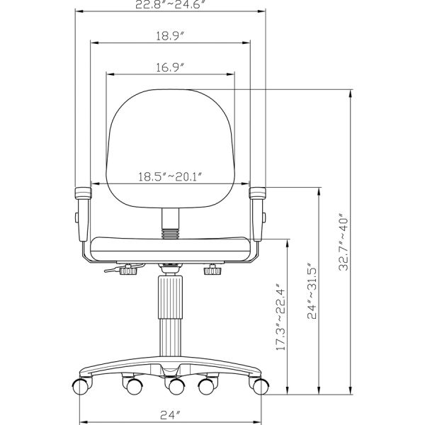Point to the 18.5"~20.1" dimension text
click(170, 175)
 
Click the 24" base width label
click(170, 413)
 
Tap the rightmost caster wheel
click(261, 387)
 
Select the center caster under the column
click(172, 387)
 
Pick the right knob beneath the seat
click(212, 269)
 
